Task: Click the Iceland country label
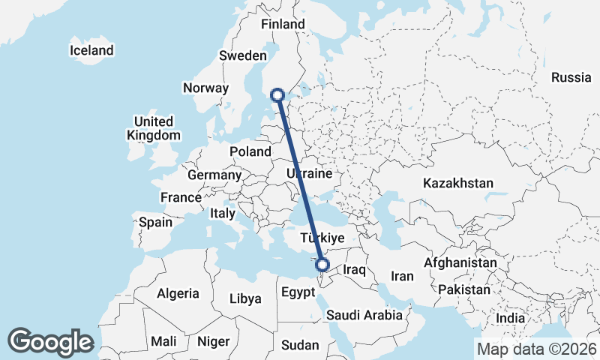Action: pos(91,50)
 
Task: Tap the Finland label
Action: pos(283,24)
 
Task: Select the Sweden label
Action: pos(242,55)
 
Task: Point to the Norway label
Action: pos(205,88)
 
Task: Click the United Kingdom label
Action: pos(154,128)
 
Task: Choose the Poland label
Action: pos(250,151)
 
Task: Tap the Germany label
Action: pos(214,175)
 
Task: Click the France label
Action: pos(181,197)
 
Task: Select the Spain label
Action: pos(156,222)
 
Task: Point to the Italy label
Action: pos(223,213)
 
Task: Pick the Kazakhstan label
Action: pos(457,183)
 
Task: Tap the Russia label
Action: pos(571,77)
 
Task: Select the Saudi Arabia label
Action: pos(364,316)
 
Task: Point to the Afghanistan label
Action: pos(460,263)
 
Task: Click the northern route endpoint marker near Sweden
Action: pos(277,95)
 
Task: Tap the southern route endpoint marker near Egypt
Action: pos(322,265)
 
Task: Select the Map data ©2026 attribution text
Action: pos(536,349)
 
